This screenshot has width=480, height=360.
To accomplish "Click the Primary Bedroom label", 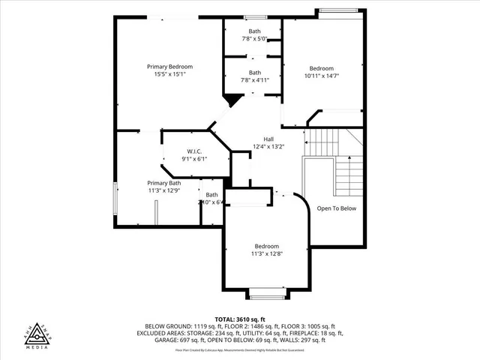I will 169,67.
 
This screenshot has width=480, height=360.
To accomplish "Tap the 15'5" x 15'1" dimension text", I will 169,74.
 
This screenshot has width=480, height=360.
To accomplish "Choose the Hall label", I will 268,139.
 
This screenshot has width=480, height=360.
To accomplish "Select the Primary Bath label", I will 163,183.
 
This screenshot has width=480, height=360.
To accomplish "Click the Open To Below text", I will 336,208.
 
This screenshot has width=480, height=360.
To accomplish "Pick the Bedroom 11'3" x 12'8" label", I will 266,246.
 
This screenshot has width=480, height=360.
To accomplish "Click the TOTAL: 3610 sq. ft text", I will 239,319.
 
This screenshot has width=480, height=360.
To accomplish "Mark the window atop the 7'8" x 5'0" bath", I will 255,17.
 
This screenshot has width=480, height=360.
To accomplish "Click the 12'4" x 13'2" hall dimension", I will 268,146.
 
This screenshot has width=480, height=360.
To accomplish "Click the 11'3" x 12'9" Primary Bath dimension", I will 163,190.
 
